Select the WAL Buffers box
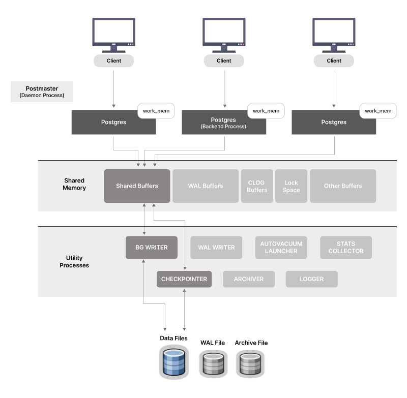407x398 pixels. coord(205,186)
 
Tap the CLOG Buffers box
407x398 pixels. coord(257,186)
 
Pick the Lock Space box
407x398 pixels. coord(292,186)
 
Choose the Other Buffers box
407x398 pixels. coord(342,186)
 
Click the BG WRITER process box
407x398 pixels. coord(152,248)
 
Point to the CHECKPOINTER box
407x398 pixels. coord(184,279)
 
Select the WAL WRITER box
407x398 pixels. coord(216,248)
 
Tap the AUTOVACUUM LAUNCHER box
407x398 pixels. coord(281,248)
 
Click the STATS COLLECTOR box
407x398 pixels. coord(346,248)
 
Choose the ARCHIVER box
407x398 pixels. coord(249,279)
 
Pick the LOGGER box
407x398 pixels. coord(311,279)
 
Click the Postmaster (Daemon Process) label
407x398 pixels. coord(42,91)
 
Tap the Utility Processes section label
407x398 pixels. coord(74,262)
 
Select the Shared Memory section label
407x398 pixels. coord(75,184)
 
